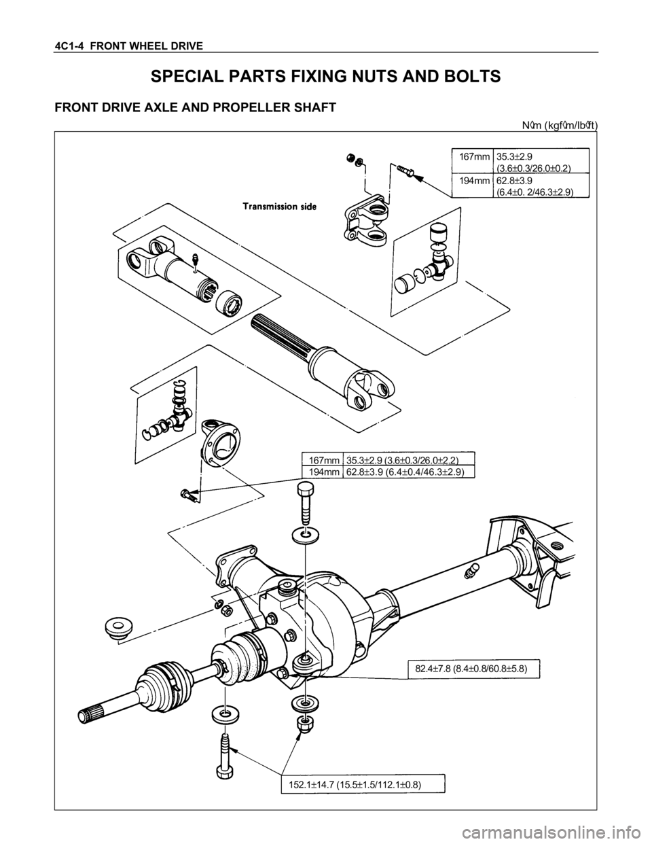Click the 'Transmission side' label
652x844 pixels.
[279, 207]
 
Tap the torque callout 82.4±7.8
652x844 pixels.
[473, 669]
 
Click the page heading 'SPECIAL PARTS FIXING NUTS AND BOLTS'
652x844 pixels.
[325, 76]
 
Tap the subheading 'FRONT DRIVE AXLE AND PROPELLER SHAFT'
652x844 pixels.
[195, 107]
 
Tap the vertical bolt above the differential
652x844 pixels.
[306, 503]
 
